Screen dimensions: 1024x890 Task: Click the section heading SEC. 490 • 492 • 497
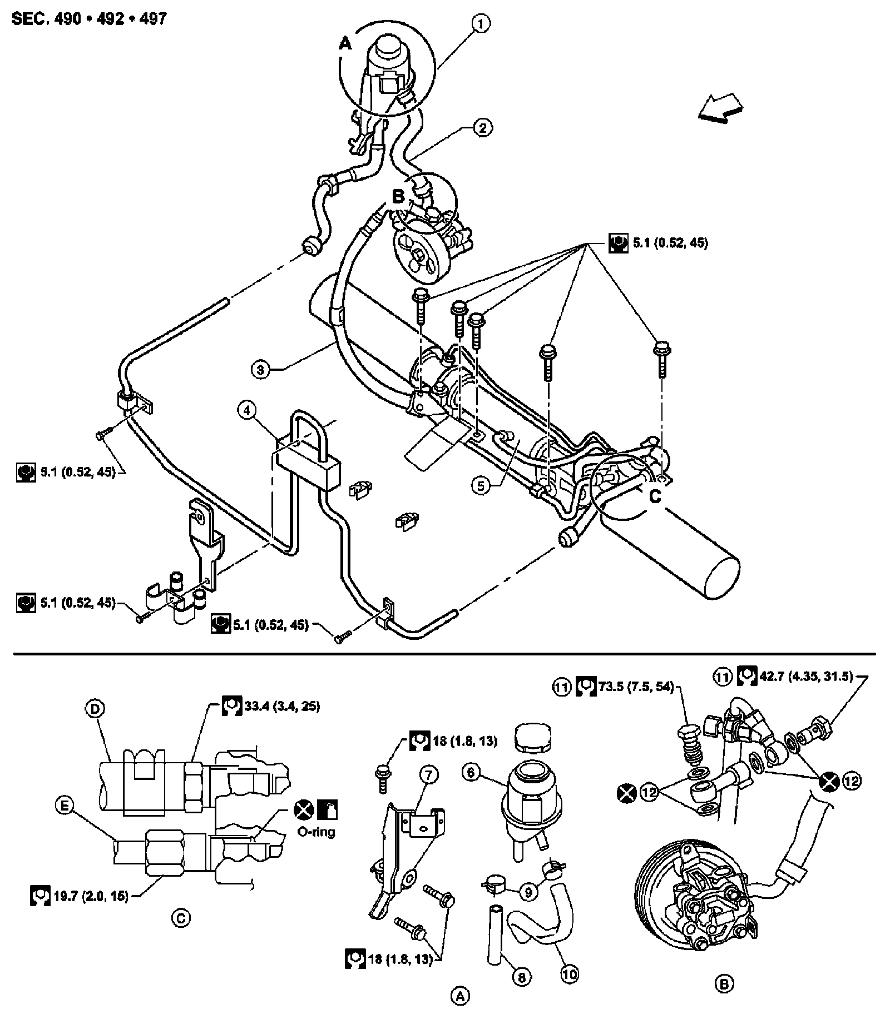[x=89, y=19]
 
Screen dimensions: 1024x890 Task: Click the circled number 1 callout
[x=482, y=24]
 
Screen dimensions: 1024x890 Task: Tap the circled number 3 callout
[x=260, y=369]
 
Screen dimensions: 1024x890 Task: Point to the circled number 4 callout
[x=246, y=411]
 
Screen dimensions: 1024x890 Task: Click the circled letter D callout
[x=95, y=709]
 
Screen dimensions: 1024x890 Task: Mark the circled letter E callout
[x=65, y=806]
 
